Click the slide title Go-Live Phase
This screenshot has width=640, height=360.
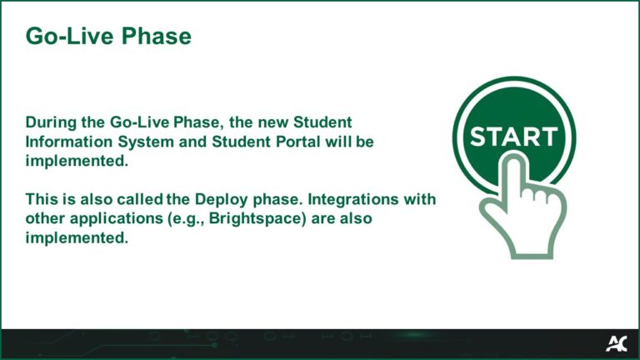tap(108, 37)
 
